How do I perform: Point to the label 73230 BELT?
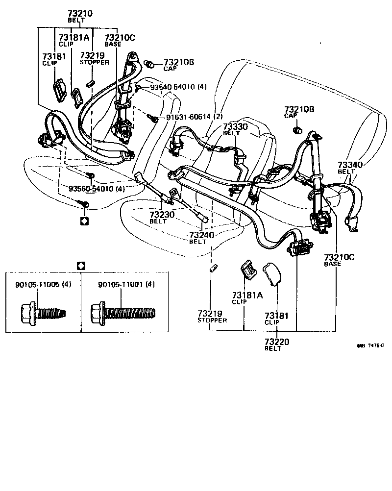pos(162,218)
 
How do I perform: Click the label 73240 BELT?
pos(201,238)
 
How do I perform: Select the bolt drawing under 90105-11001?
pos(122,312)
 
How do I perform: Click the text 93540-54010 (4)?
pos(178,87)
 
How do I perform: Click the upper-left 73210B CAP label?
pos(178,65)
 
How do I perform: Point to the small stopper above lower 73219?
pos(212,269)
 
